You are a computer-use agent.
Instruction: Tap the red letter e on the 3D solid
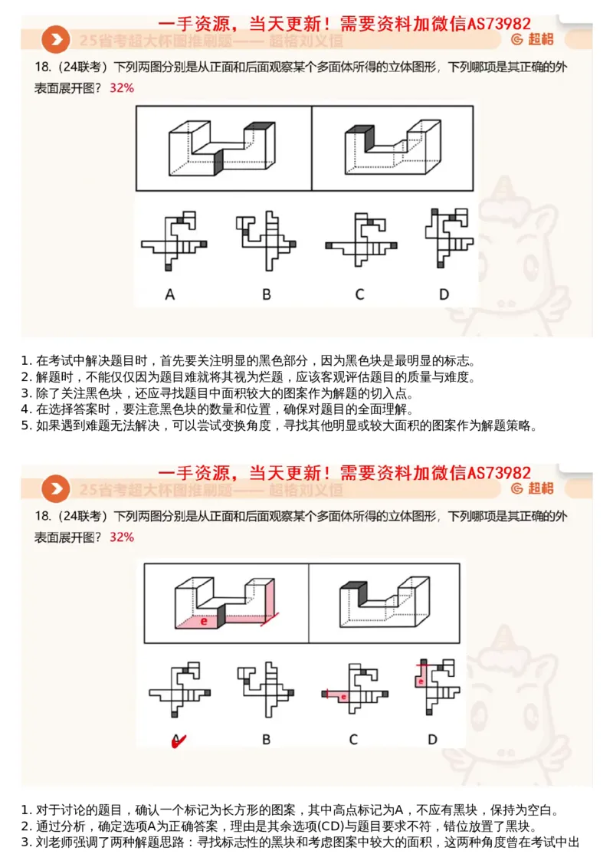point(204,621)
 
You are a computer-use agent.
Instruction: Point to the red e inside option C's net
point(343,697)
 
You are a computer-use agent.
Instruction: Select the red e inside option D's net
point(421,680)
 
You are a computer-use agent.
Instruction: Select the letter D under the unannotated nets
point(444,294)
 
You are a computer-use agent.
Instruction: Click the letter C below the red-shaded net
point(353,739)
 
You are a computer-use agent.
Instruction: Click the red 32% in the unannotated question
point(122,87)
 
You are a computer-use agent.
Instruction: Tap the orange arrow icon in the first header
point(55,39)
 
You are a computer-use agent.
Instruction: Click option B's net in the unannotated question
point(264,241)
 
